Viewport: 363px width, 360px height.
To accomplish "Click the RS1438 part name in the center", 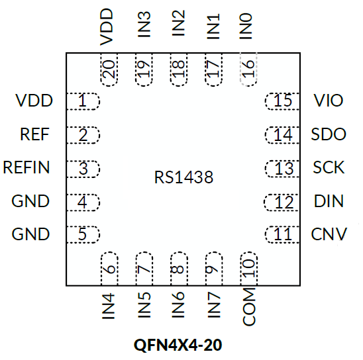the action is point(183,177).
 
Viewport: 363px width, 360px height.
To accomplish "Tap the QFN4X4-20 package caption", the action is point(178,345).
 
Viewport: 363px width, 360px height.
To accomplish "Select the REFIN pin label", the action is point(26,167).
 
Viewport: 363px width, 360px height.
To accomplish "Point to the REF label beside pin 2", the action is point(34,134).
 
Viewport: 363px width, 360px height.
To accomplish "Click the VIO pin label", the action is point(329,101).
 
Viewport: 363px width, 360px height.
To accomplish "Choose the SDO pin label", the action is point(329,134).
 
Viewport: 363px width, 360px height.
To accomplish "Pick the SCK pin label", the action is point(329,167).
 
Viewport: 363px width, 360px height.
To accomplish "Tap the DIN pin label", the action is point(329,201).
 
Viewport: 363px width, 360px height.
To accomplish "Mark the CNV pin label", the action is point(329,234).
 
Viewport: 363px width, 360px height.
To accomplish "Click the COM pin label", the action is point(249,307).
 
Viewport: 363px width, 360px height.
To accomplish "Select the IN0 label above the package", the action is point(245,26).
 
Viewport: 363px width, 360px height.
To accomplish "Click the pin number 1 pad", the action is point(83,101).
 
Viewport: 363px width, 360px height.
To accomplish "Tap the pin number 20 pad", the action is point(109,69).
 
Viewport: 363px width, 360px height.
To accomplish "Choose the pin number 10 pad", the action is point(249,269).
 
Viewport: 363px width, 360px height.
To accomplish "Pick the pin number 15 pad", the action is point(282,101).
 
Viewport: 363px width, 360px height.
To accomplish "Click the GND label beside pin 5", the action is point(30,234).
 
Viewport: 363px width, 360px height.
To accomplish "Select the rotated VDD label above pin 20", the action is point(106,27).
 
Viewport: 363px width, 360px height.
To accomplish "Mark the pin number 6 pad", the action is point(109,269).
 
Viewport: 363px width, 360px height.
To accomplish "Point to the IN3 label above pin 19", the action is point(144,24).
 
